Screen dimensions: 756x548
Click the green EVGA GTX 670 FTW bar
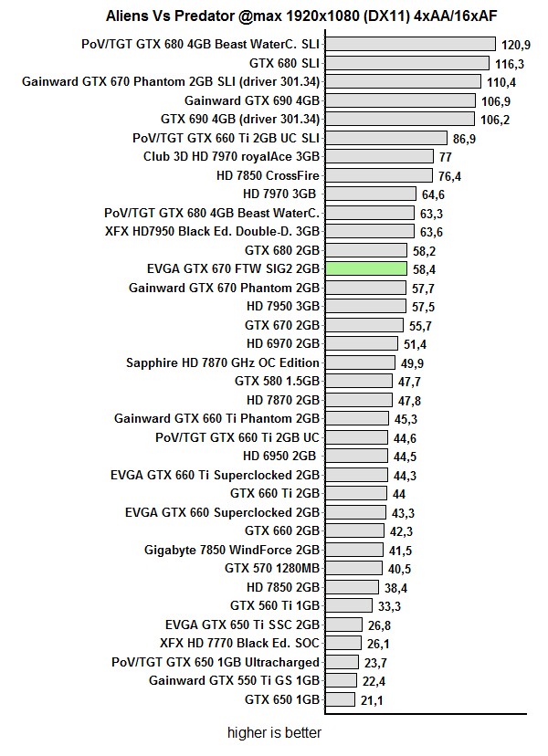point(365,268)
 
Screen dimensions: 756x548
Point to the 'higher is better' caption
point(274,732)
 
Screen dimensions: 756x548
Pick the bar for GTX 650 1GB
point(339,699)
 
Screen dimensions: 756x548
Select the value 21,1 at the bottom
point(373,700)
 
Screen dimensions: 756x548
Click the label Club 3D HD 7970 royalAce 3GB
point(231,156)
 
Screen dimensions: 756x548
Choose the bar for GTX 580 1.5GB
point(361,381)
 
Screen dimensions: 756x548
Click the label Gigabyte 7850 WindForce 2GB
point(232,550)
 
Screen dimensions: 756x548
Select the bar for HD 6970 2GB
point(361,343)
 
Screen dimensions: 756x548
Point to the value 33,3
point(389,605)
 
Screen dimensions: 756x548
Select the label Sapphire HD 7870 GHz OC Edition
point(223,362)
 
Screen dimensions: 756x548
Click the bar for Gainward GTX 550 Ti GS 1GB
point(340,680)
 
